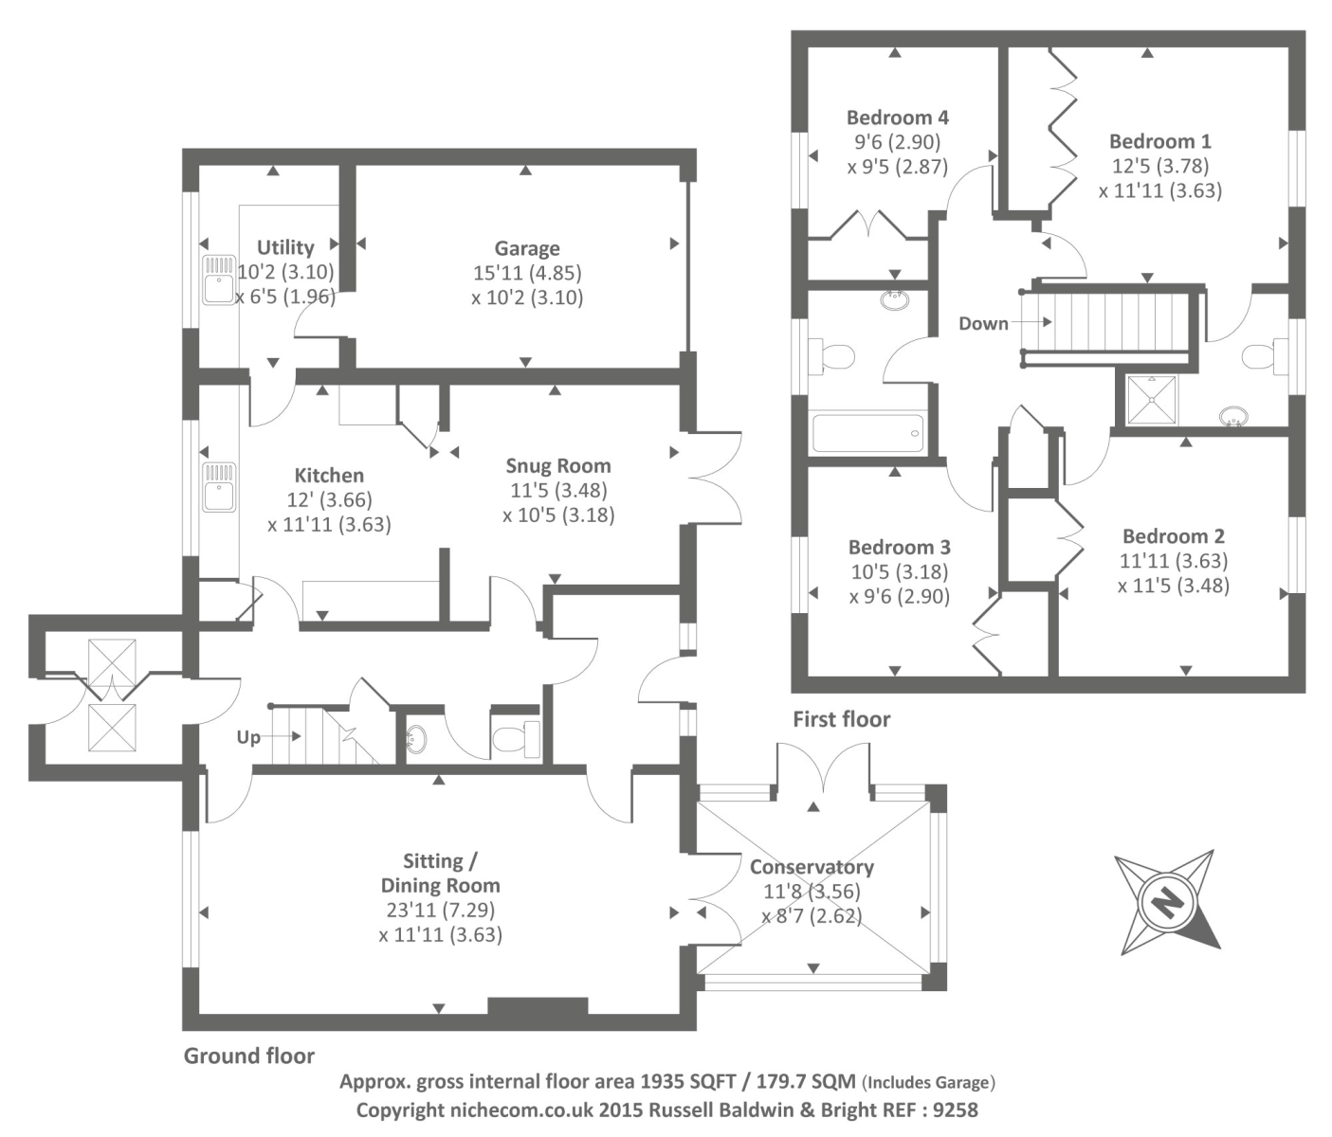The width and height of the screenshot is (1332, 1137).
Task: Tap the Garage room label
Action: (527, 248)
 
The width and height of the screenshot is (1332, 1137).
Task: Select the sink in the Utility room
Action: (218, 279)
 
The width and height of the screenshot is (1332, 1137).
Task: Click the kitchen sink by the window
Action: (218, 487)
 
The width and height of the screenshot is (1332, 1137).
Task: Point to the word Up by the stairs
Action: (248, 737)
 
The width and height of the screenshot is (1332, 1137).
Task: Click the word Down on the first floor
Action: (983, 323)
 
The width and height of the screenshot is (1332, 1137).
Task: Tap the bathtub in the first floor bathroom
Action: (868, 434)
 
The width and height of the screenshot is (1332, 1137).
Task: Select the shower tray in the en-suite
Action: (1151, 401)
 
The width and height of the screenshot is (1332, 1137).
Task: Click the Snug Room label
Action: (558, 466)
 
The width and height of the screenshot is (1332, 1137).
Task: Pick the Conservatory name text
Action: (812, 867)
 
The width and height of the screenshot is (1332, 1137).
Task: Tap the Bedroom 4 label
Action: (897, 117)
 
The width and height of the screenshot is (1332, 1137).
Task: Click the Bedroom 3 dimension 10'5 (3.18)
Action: (899, 571)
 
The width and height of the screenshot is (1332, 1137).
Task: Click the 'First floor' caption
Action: (842, 719)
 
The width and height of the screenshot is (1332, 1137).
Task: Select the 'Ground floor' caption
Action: (248, 1056)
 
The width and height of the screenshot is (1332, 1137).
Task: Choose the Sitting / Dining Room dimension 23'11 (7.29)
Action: (441, 910)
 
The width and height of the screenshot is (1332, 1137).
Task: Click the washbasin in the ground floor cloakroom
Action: (417, 739)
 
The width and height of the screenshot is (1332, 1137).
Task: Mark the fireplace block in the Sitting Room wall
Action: (538, 1006)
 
